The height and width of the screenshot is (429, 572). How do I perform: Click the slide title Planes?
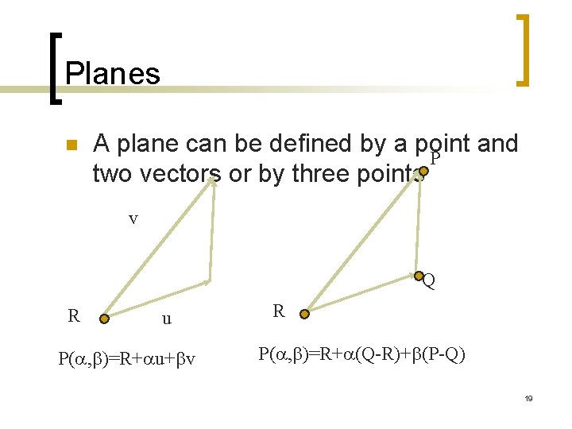point(112,74)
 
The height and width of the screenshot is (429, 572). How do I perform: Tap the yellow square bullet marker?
point(70,145)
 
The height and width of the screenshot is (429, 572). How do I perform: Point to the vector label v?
point(133,218)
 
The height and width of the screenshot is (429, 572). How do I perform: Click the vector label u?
point(166,319)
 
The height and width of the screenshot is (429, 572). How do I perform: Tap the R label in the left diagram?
point(74,315)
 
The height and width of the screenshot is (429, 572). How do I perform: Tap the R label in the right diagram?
point(278,311)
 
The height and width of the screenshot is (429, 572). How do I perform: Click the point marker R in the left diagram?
point(104,319)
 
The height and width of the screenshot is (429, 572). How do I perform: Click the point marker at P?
point(423,170)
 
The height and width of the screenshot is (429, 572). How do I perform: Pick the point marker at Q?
point(419,276)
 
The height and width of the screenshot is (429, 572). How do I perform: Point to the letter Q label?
point(429,281)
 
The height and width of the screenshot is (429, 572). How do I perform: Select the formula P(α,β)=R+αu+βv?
point(127,360)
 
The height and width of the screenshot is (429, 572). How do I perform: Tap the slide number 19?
point(528,398)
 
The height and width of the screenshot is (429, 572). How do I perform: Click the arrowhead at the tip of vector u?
point(207,281)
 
